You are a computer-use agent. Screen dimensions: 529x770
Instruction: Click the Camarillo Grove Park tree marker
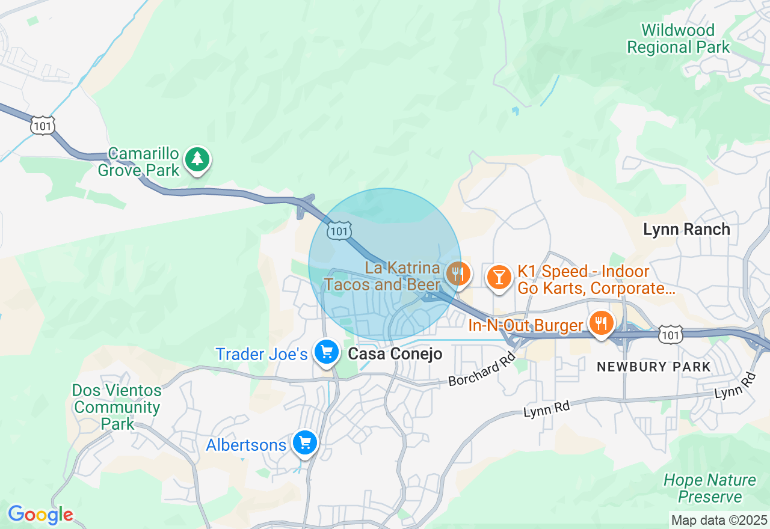197,160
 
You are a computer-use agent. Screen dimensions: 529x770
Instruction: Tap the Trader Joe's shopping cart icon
327,352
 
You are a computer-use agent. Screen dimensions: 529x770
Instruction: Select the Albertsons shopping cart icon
305,443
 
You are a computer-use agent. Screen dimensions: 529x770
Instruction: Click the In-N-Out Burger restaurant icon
600,323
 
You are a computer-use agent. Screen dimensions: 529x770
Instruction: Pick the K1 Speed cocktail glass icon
499,277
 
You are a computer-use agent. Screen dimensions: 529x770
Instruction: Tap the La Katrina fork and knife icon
458,274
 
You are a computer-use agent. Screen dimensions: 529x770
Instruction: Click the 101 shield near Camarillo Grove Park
43,125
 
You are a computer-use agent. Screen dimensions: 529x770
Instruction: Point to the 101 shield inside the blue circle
339,231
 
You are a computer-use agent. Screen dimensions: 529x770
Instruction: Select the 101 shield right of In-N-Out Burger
670,335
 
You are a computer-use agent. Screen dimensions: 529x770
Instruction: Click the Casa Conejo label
395,354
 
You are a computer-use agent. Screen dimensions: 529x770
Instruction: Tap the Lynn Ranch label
686,229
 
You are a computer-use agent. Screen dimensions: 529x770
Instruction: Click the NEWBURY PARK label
653,367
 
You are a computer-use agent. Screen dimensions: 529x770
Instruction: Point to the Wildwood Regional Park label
678,38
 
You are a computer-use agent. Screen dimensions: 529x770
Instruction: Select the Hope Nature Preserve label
710,488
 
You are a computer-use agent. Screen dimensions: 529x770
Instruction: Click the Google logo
40,515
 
